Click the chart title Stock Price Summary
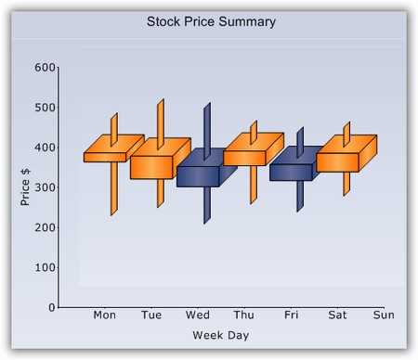pos(211,21)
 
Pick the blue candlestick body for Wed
pos(198,175)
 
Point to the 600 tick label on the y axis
pos(45,68)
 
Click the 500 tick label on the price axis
pos(45,108)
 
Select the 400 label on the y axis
pos(45,148)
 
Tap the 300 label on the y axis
pos(45,187)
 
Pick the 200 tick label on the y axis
pos(45,227)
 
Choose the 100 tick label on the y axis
pos(45,267)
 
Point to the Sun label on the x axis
pos(384,315)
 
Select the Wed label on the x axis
pos(198,315)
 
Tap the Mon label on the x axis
pos(104,315)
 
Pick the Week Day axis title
pos(220,335)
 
